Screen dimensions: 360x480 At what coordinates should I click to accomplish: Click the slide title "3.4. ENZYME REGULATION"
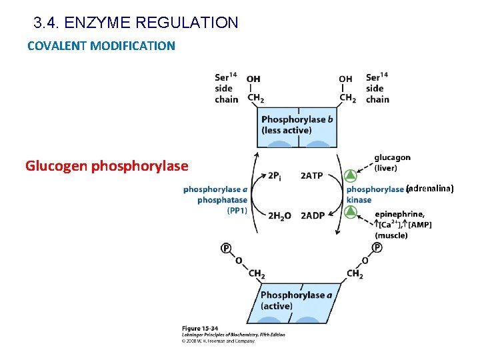tap(135, 23)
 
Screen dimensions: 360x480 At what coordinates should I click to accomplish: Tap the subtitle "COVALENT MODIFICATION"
tap(101, 46)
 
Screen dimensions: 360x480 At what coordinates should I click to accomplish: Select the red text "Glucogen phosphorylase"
tap(107, 165)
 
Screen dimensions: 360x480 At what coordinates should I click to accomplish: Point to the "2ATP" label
tap(312, 176)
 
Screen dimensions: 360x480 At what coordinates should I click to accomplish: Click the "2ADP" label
tap(312, 215)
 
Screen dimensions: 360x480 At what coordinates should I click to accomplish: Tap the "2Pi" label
tap(274, 176)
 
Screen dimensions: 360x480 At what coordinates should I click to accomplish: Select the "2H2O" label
tap(279, 215)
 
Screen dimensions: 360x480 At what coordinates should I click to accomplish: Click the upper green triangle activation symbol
tap(351, 176)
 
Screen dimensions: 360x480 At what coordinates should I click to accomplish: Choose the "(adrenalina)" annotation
tap(430, 189)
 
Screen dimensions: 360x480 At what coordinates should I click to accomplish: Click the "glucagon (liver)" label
tap(392, 163)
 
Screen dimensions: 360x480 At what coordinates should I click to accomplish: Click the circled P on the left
tap(226, 248)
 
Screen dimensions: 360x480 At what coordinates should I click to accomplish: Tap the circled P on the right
tap(377, 247)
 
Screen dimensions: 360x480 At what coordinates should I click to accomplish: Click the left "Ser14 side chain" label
tap(227, 88)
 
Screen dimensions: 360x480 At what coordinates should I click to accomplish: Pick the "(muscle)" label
tap(391, 235)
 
